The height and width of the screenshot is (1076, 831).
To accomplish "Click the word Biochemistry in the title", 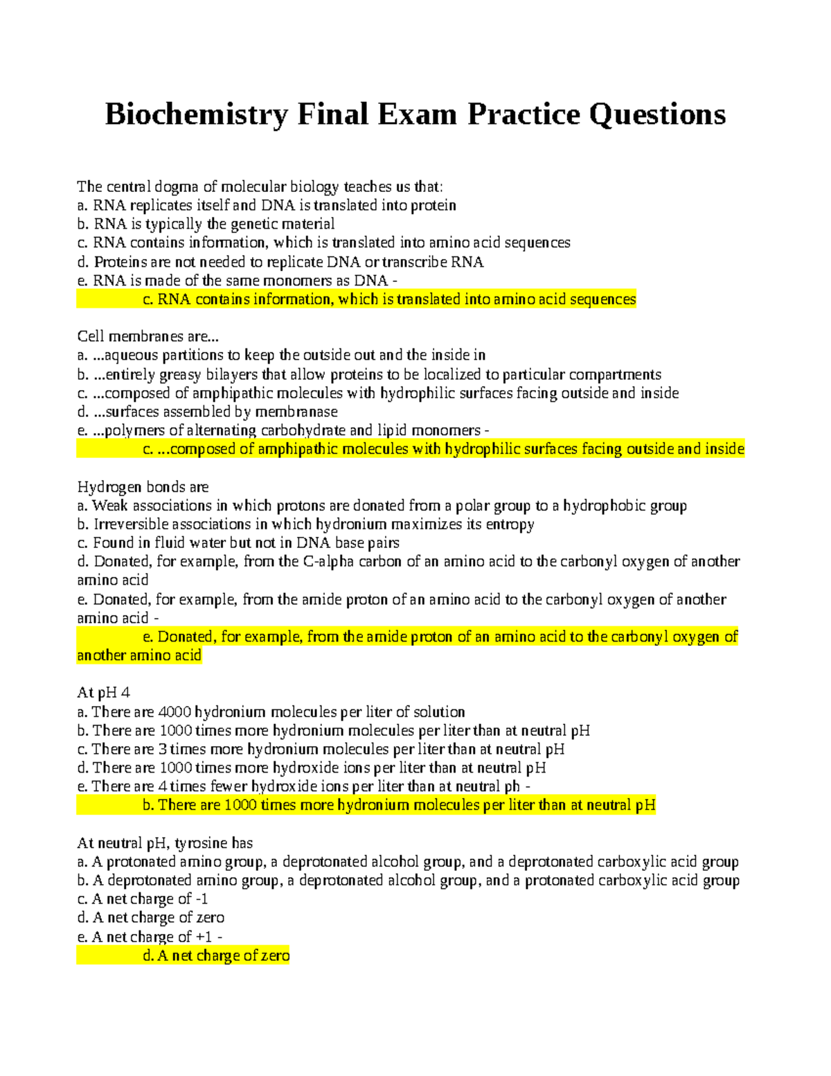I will point(196,114).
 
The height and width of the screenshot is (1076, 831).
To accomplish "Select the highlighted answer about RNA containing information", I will point(389,299).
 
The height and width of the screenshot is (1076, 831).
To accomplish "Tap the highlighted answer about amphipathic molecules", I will point(443,449).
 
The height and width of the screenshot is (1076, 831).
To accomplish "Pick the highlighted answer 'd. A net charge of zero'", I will point(216,956).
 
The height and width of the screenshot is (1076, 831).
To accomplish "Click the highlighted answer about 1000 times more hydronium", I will point(399,805).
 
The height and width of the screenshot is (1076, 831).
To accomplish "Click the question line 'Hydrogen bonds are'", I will point(143,487).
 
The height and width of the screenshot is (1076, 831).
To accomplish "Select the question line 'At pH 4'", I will point(103,693).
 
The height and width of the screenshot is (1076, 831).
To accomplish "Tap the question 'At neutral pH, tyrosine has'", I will point(165,843).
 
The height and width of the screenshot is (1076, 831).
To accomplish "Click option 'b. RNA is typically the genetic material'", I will point(206,224).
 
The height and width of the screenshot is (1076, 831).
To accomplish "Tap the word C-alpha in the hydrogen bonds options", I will point(328,562).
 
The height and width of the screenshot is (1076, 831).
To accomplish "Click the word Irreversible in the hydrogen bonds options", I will point(131,524).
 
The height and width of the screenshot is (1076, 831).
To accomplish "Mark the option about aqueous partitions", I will point(281,355).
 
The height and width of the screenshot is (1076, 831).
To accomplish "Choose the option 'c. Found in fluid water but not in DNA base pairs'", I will point(238,543).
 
